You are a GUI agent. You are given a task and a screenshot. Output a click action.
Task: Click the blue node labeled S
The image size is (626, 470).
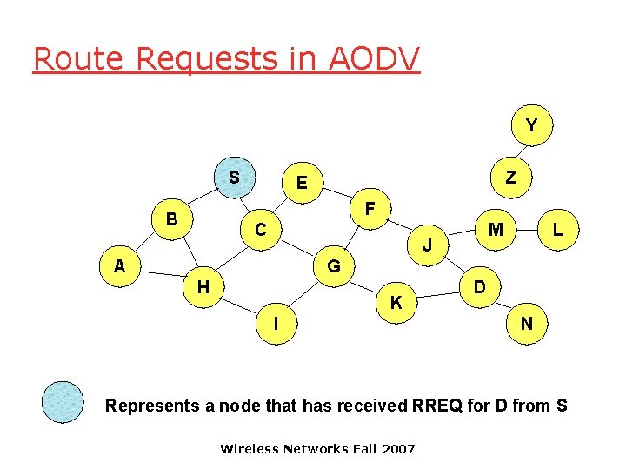(234, 178)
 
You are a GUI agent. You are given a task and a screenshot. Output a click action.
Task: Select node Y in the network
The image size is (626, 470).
(530, 126)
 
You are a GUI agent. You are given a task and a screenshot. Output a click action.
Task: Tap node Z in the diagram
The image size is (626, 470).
(510, 178)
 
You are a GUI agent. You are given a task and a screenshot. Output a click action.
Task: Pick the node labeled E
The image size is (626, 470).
(301, 183)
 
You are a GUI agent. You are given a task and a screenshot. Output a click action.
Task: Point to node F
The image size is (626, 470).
(370, 210)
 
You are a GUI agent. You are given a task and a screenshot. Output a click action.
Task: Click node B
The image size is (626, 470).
(172, 218)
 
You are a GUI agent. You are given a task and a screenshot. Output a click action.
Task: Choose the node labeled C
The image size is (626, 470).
(260, 230)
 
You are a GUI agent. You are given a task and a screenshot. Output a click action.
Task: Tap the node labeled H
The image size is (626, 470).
(203, 286)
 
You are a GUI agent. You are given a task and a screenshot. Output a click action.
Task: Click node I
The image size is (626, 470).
(276, 323)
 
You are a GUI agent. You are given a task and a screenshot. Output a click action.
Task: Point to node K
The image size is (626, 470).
(396, 303)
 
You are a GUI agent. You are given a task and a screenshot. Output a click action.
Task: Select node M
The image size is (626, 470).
(496, 230)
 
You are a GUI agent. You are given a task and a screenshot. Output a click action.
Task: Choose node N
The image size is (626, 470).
(526, 323)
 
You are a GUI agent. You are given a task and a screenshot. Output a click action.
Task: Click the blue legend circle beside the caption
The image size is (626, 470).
(63, 402)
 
